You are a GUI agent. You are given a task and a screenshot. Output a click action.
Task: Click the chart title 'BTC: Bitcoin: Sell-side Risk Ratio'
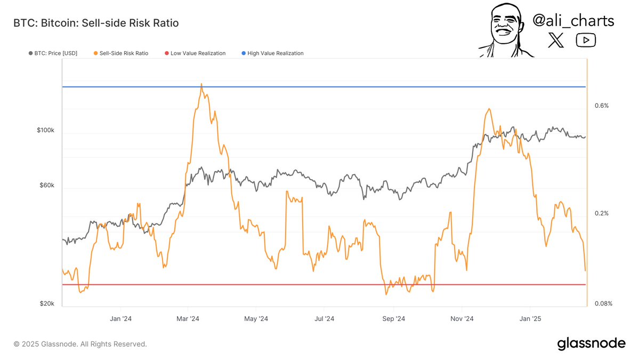click(x=96, y=23)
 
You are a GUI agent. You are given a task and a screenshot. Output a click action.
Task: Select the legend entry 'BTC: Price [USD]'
click(x=53, y=53)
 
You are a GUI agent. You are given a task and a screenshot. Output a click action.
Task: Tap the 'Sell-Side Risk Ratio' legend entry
click(x=120, y=53)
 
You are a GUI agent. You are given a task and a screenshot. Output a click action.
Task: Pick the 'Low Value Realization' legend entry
click(x=195, y=53)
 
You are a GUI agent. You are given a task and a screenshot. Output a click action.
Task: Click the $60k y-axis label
click(x=46, y=186)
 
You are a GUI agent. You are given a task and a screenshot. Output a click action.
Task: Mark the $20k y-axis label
click(x=46, y=303)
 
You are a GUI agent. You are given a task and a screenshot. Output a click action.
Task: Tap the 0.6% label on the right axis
click(x=601, y=106)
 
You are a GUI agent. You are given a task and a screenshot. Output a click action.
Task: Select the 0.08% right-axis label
click(x=603, y=303)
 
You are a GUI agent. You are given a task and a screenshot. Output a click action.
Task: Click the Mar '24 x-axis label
click(x=188, y=319)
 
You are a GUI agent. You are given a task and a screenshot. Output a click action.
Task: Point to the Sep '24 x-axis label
click(x=394, y=319)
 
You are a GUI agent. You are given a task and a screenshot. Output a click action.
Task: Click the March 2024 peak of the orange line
click(x=201, y=84)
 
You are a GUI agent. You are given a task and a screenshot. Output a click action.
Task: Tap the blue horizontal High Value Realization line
click(x=320, y=86)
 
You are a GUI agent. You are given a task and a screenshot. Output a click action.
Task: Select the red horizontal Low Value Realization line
click(x=320, y=284)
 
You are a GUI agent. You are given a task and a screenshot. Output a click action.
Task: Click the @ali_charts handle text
click(x=573, y=21)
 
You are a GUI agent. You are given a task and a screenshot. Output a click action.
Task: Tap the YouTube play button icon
click(x=586, y=40)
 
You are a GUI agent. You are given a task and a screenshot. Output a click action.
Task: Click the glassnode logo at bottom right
click(x=592, y=343)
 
